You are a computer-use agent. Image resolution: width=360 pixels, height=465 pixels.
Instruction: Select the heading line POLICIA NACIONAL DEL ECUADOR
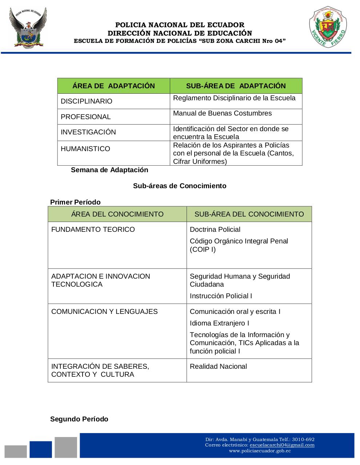(x=180, y=25)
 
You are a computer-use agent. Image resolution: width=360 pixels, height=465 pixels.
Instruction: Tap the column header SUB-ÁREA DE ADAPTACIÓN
(x=236, y=86)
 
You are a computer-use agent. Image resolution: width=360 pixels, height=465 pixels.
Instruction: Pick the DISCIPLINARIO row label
(x=87, y=101)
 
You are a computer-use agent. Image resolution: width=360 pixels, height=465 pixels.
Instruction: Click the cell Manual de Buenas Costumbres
(x=222, y=113)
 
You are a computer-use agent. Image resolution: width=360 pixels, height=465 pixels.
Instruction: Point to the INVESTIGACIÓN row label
(x=88, y=132)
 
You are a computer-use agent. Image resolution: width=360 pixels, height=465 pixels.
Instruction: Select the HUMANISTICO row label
(x=85, y=149)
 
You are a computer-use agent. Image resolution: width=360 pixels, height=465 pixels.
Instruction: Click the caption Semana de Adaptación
(x=109, y=170)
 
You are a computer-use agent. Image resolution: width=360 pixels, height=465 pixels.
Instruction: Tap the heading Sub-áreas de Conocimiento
(x=180, y=186)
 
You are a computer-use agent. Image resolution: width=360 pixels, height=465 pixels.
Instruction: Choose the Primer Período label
(x=75, y=202)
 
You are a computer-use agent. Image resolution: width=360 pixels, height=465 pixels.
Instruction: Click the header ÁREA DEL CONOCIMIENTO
(x=117, y=214)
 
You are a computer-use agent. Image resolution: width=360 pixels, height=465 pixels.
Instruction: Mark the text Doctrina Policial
(x=215, y=230)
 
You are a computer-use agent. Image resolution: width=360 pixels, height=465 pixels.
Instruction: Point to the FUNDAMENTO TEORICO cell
(x=93, y=230)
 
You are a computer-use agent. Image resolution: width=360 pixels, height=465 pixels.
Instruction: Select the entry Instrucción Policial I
(x=221, y=296)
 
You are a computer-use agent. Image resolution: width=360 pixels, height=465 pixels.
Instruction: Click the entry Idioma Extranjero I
(x=219, y=323)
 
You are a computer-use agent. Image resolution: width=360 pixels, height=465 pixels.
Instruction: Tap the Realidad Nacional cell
(x=218, y=367)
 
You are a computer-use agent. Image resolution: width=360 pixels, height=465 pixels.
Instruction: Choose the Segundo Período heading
(x=79, y=419)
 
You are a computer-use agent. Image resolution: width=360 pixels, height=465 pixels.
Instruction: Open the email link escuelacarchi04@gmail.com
(x=282, y=445)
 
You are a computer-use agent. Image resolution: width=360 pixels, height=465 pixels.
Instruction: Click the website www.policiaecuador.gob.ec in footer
(x=260, y=451)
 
